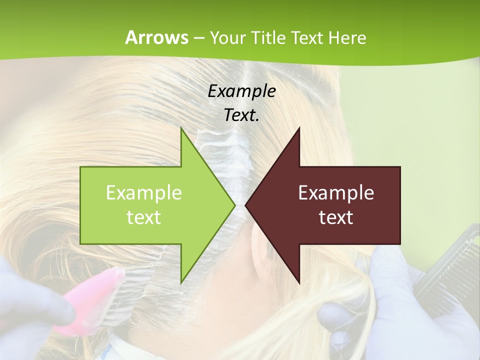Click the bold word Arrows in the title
point(156,37)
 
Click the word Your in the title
point(227,37)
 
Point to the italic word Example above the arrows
point(241,91)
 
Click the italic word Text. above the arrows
point(241,115)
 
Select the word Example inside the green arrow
point(144,193)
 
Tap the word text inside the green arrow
point(144,217)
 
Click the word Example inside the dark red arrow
point(336,193)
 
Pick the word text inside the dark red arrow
point(336,217)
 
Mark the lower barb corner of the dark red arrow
point(299,282)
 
